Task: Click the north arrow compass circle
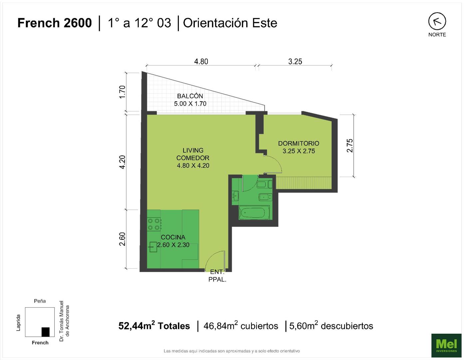[437, 21]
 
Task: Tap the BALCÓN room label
[190, 96]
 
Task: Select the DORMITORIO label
[298, 143]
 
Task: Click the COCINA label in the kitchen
[173, 237]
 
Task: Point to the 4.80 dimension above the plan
[201, 62]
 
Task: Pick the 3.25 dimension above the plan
[295, 62]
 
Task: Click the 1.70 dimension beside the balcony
[122, 92]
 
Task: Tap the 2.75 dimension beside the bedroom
[350, 145]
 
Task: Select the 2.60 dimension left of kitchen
[122, 239]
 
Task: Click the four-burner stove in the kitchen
[154, 224]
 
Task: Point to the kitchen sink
[153, 247]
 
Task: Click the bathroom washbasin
[235, 196]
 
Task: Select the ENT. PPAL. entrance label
[218, 276]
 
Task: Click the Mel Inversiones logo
[446, 345]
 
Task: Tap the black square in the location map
[46, 332]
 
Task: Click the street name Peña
[40, 301]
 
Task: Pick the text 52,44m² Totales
[154, 326]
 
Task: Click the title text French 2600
[55, 23]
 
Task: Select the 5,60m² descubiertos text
[331, 326]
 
